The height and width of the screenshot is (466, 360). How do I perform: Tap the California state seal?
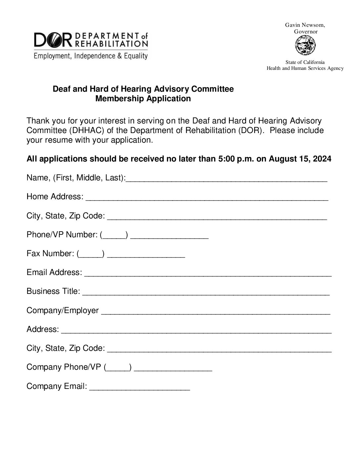tap(305, 45)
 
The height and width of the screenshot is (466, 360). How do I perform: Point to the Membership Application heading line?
tap(143, 99)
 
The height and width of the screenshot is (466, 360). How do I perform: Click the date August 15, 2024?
tap(300, 159)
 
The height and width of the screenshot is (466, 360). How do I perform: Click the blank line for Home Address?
tap(207, 198)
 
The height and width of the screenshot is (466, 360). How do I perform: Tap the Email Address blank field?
tap(208, 274)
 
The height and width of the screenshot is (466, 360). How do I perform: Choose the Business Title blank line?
tap(205, 293)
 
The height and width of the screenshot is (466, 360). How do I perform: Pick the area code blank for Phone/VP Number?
tap(114, 236)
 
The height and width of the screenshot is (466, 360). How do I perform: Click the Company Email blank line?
tap(140, 388)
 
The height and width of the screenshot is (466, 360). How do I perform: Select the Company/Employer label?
tap(63, 310)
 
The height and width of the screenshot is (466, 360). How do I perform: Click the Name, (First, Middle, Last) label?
tap(76, 178)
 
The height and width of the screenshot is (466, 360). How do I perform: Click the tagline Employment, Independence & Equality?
tap(90, 56)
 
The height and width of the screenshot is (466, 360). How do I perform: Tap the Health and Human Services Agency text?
tap(305, 68)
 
